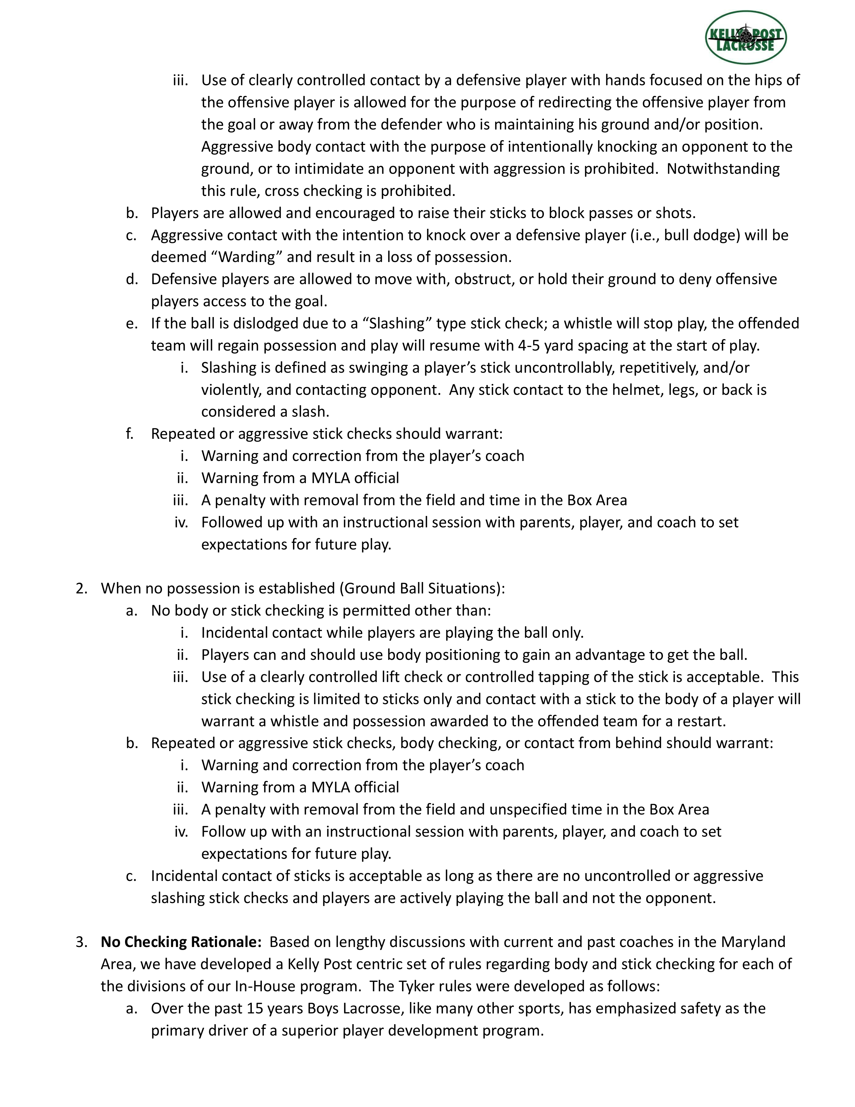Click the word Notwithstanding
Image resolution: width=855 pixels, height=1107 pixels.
click(723, 169)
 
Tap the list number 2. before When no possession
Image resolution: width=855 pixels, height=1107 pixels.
click(81, 588)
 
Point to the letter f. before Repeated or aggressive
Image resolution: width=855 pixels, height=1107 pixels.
click(130, 434)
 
